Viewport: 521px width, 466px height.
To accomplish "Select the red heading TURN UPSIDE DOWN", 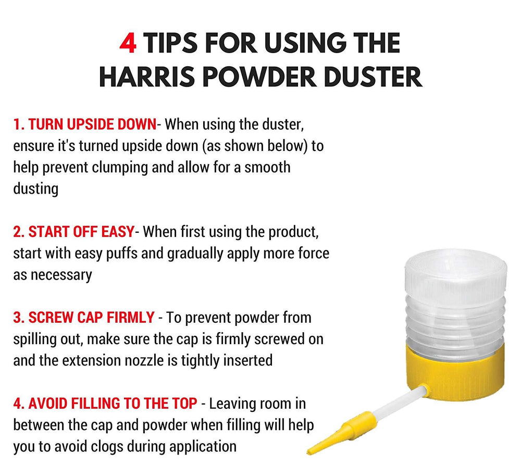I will coord(85,124).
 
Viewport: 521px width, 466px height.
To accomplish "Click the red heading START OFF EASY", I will coord(73,232).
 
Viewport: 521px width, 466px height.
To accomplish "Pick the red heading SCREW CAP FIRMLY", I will coord(84,317).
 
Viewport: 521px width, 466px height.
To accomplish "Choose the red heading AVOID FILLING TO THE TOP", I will coord(105,403).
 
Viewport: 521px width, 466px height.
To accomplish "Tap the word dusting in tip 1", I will coord(35,189).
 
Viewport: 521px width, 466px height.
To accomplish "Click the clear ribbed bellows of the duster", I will coord(456,312).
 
